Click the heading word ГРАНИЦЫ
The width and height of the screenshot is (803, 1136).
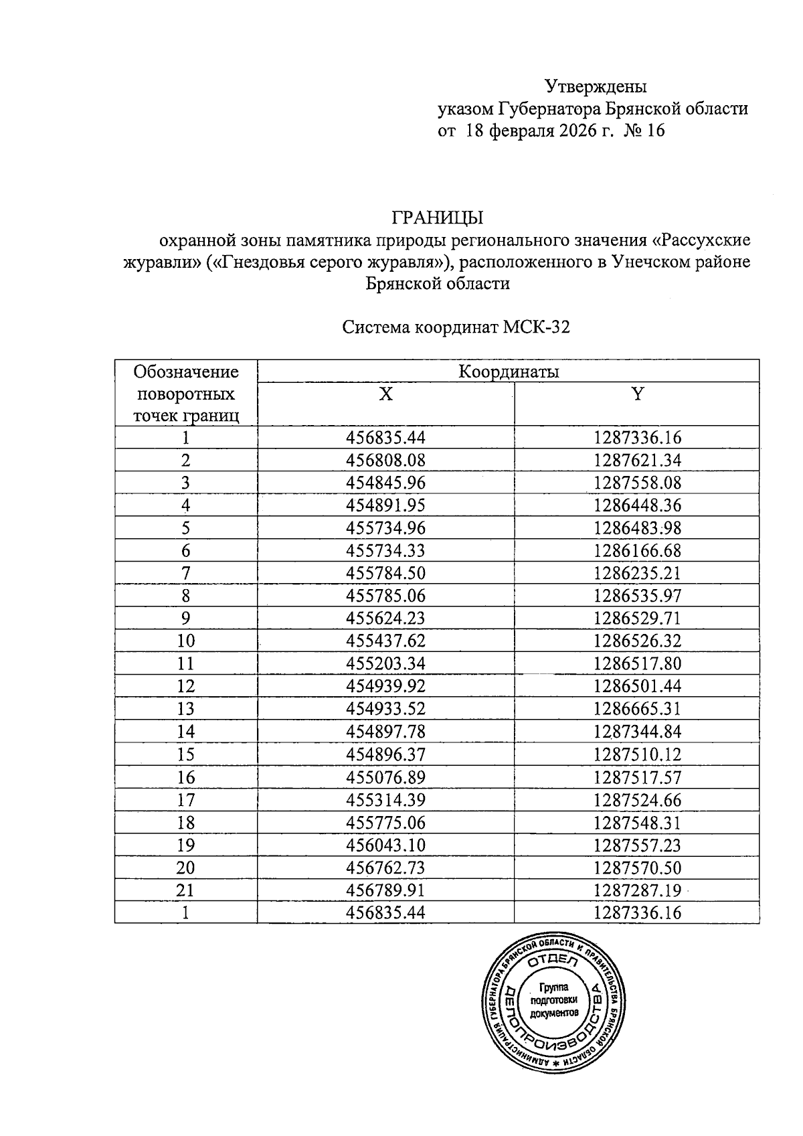point(438,218)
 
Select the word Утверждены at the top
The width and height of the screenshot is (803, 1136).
point(596,86)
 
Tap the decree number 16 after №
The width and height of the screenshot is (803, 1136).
point(656,131)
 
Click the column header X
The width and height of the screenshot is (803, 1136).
point(385,394)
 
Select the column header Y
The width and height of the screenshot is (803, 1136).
point(637,394)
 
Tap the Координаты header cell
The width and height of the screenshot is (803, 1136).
point(509,372)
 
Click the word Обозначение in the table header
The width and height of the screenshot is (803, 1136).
point(186,372)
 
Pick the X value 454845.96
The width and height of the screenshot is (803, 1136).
point(386,483)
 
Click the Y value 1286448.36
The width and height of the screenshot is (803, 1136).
point(637,505)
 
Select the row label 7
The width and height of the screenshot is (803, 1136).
point(186,573)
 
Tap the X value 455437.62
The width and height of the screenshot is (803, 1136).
point(386,641)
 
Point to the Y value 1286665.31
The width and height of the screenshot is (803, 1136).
point(637,708)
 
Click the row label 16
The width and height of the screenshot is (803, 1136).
point(186,777)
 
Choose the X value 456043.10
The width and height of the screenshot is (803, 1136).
point(386,845)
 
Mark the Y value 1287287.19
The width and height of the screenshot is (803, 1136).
point(637,890)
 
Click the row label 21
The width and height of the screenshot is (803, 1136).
point(186,890)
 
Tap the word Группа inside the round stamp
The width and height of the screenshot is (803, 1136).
point(553,987)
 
